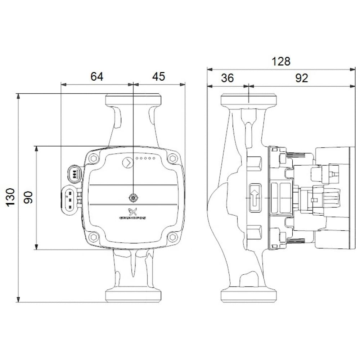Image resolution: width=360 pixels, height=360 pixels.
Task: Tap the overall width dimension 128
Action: (x=281, y=62)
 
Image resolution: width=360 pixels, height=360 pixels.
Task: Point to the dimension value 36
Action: (x=228, y=78)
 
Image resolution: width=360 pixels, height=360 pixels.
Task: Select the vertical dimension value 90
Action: (x=28, y=197)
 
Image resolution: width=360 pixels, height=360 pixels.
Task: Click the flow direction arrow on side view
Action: (x=255, y=198)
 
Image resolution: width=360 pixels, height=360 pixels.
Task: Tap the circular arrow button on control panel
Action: (x=127, y=163)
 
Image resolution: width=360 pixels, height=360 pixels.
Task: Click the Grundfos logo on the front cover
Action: (x=132, y=214)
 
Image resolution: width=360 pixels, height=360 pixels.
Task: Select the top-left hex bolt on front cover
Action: (x=94, y=158)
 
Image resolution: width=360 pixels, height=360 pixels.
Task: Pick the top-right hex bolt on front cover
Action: (x=173, y=158)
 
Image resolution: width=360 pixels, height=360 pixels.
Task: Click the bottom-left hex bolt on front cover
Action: (x=94, y=237)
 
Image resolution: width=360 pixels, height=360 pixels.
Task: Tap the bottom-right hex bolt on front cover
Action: (x=173, y=237)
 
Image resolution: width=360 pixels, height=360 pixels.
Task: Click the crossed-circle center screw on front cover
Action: (x=133, y=198)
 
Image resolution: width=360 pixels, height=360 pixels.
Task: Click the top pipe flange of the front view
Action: (x=133, y=100)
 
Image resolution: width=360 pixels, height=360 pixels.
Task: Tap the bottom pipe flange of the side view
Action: (x=249, y=295)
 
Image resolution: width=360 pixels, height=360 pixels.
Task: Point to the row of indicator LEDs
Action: (x=146, y=158)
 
